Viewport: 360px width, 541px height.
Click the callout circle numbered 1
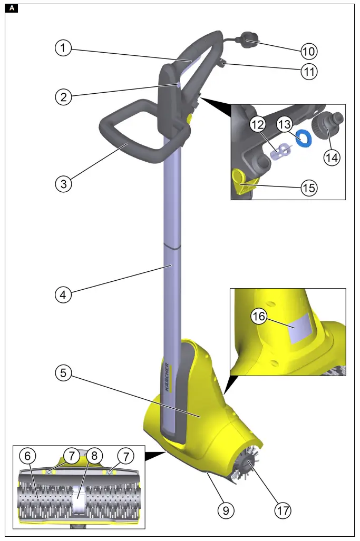click(x=63, y=48)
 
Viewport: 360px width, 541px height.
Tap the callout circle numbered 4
click(x=63, y=294)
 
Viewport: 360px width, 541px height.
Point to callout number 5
click(x=63, y=373)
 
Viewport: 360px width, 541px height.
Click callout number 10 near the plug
click(x=309, y=51)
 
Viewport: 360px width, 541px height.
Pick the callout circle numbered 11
click(x=309, y=71)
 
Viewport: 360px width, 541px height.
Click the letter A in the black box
click(x=13, y=8)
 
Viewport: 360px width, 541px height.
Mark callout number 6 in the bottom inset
click(x=28, y=455)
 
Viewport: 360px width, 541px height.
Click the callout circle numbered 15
click(x=308, y=186)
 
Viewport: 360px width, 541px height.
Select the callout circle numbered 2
click(x=63, y=96)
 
